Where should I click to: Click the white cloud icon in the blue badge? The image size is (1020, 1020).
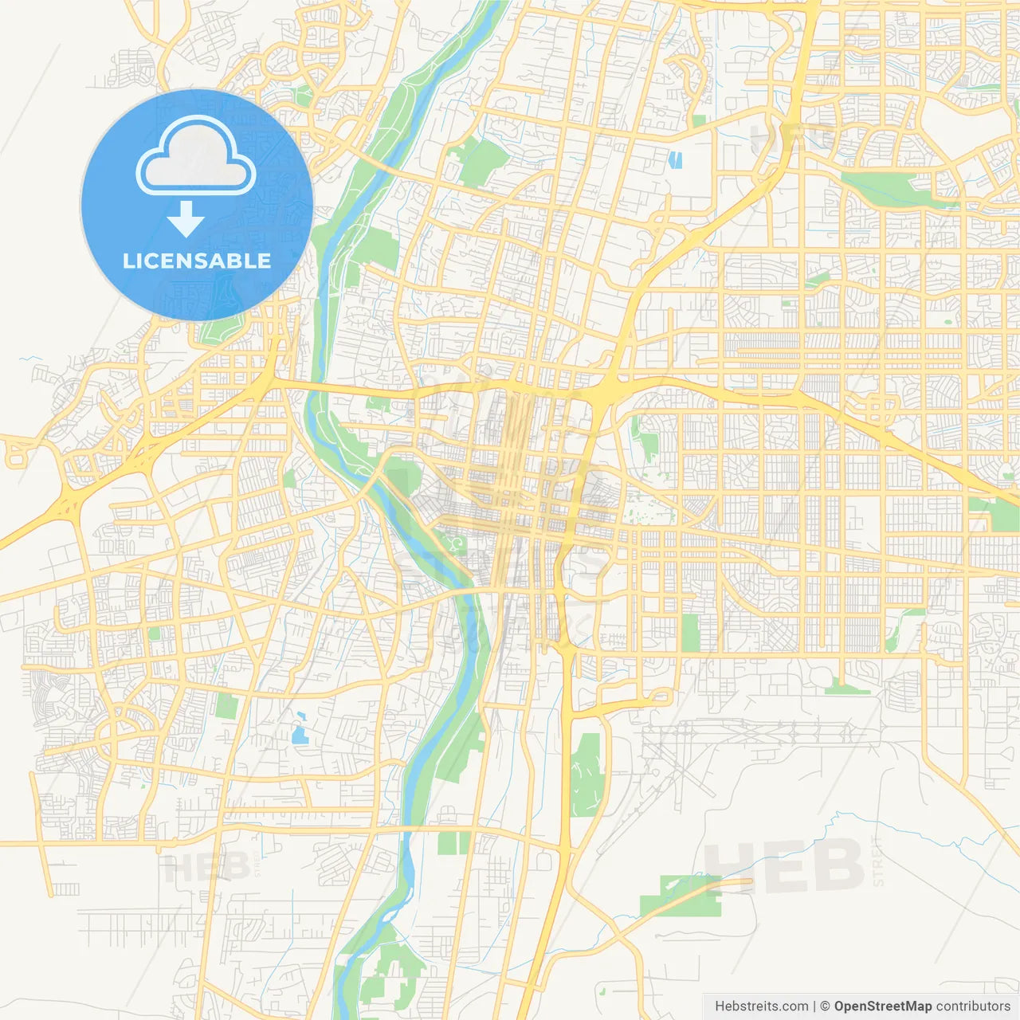coord(196,156)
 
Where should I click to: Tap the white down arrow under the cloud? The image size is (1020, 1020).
coord(186,219)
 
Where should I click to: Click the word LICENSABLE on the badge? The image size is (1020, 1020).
coord(197,261)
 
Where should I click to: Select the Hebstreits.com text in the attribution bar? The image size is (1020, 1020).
coord(761,1006)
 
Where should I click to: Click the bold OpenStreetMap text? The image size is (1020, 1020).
coord(882,1006)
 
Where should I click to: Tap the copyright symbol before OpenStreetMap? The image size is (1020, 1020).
coord(825,1006)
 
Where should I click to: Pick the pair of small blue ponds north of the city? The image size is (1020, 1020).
coord(677,160)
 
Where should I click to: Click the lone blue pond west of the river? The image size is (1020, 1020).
coord(300,734)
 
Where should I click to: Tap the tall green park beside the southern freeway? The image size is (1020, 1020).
coord(589,773)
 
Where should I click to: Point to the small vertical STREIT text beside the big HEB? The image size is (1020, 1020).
coord(878,862)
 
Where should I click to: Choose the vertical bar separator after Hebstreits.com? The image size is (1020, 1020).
coord(814,1006)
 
